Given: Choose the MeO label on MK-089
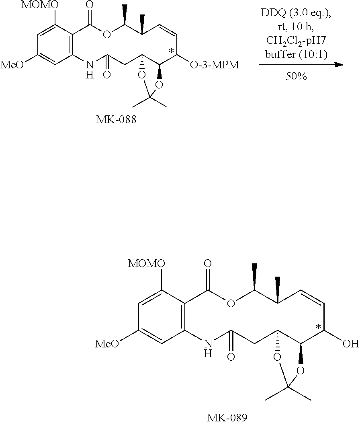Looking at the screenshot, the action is tap(107, 344).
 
